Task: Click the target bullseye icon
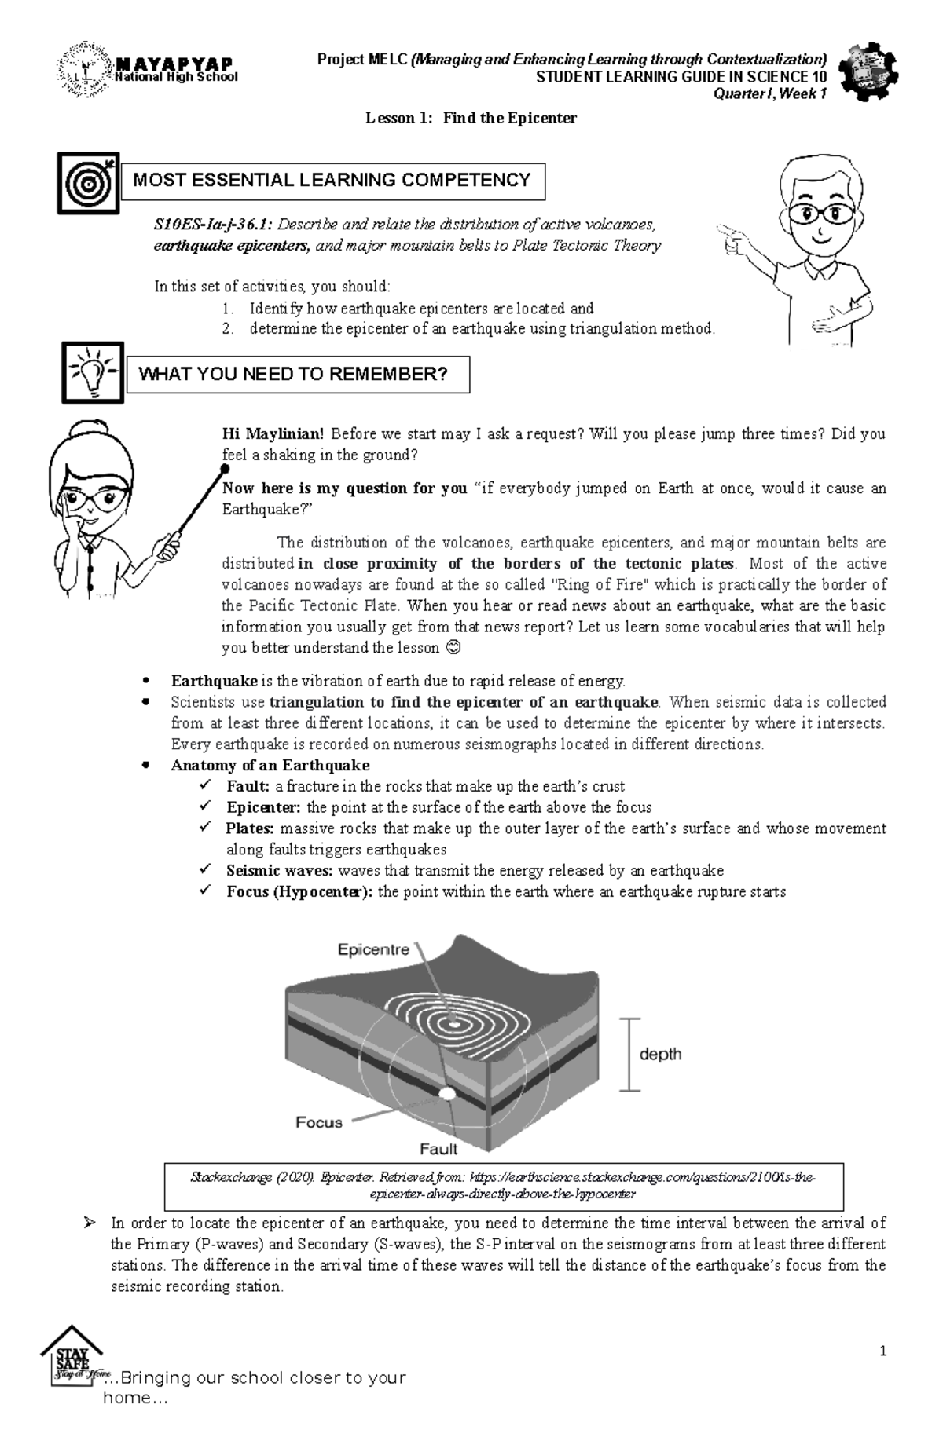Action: point(88,183)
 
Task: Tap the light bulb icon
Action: point(93,372)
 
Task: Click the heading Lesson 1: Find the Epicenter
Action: point(471,119)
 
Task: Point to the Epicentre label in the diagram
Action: point(373,949)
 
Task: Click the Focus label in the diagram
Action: point(318,1122)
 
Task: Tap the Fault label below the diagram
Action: point(438,1149)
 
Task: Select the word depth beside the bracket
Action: point(660,1054)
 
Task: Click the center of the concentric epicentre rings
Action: point(454,1024)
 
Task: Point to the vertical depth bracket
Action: point(628,1054)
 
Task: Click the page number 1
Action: point(884,1351)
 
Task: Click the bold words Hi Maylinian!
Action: point(273,434)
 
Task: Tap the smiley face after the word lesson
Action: point(450,649)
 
